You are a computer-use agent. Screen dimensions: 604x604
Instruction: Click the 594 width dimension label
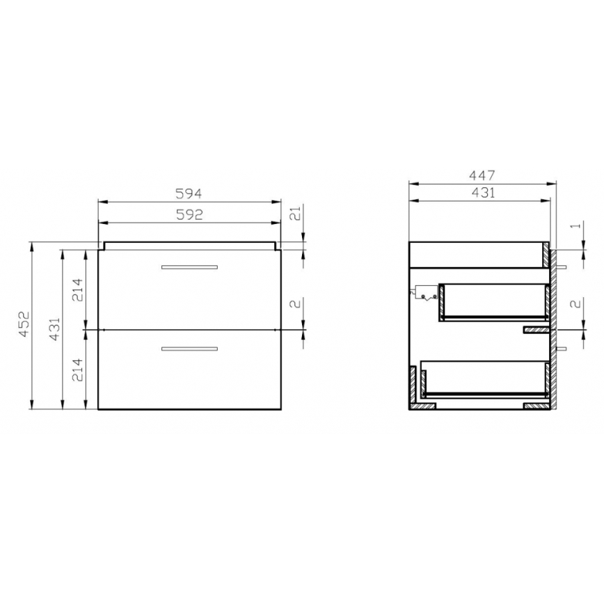pyautogui.click(x=189, y=193)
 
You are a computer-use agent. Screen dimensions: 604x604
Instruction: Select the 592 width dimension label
pyautogui.click(x=189, y=215)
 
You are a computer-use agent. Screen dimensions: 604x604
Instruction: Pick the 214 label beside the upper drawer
pyautogui.click(x=78, y=289)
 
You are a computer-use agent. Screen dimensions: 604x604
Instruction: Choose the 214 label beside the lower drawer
pyautogui.click(x=78, y=369)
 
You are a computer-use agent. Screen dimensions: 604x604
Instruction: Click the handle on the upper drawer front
pyautogui.click(x=189, y=267)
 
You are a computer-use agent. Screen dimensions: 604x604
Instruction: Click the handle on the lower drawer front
pyautogui.click(x=189, y=348)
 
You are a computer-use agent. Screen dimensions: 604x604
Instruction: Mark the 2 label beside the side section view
pyautogui.click(x=575, y=303)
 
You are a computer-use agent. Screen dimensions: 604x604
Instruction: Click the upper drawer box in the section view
pyautogui.click(x=494, y=302)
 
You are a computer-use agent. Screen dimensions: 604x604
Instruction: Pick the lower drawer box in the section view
pyautogui.click(x=487, y=379)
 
